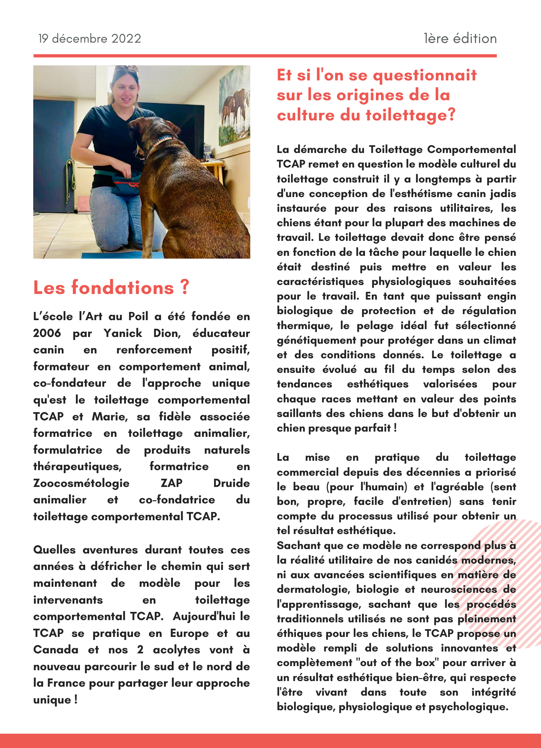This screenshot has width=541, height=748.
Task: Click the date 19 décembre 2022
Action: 90,39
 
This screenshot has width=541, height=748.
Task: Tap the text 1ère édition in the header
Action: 460,39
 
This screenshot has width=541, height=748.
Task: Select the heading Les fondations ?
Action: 111,288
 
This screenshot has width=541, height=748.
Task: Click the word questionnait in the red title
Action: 425,75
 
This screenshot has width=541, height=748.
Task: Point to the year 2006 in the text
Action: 47,333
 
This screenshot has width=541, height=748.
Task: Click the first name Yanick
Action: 123,333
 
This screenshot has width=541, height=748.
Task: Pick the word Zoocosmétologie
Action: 81,483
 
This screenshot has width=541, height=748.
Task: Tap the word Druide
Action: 231,483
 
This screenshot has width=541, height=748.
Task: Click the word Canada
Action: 56,650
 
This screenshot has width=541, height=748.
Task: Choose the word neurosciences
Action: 459,589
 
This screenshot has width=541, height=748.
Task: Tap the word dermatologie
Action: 313,589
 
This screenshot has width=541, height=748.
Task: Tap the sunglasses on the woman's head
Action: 126,70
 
